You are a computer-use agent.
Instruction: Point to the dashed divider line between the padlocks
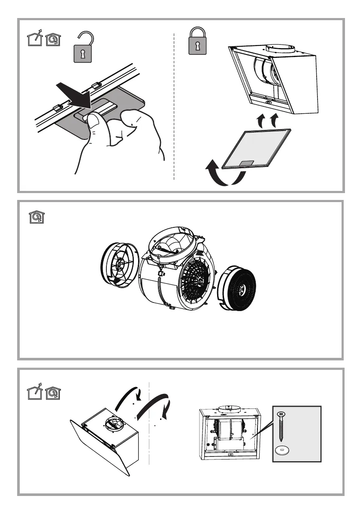174,107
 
